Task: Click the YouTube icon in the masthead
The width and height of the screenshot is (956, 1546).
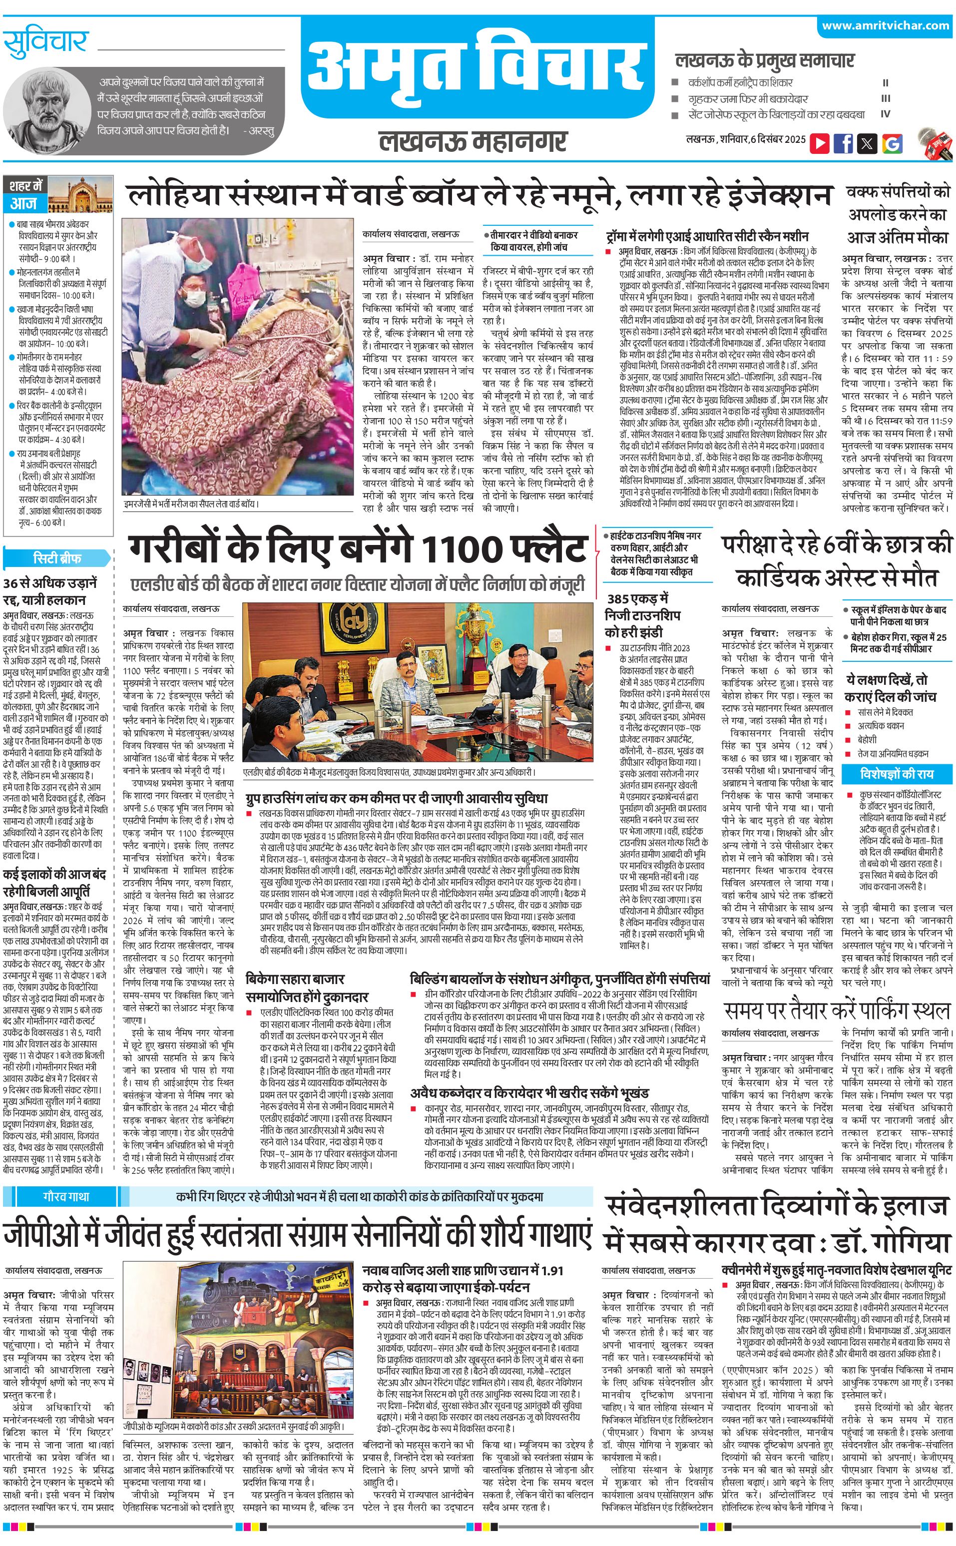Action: pos(820,143)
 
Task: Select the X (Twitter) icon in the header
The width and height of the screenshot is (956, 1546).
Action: pos(867,143)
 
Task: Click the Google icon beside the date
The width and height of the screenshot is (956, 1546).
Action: pos(892,143)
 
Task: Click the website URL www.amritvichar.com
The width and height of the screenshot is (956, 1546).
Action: pos(885,26)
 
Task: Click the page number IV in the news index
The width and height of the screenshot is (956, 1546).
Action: pos(885,114)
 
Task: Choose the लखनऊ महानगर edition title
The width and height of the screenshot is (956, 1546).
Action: pos(473,140)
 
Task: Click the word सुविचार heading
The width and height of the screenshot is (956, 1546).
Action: pos(45,42)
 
